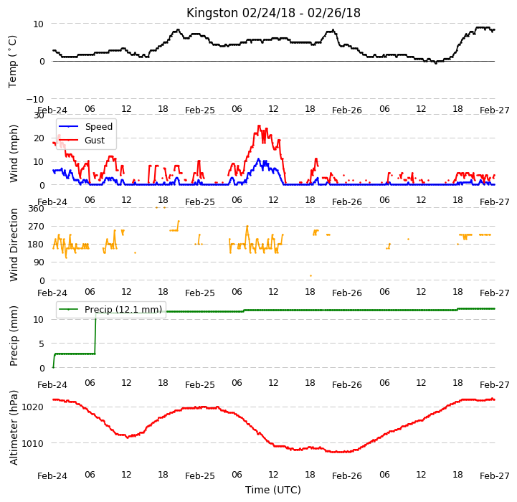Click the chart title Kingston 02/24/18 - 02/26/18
[273, 13]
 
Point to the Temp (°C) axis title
[12, 62]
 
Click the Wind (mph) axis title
[13, 153]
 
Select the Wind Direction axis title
[14, 245]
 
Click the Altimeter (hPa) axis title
[14, 428]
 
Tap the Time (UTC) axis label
[273, 490]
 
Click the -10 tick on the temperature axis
[34, 99]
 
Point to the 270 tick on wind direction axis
[37, 227]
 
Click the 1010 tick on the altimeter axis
[32, 443]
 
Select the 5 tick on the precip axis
[42, 344]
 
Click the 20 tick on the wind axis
[39, 138]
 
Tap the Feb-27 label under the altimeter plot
[495, 476]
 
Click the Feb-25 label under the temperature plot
[200, 110]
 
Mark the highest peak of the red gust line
[259, 126]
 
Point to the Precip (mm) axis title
[14, 336]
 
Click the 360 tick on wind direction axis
[37, 209]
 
